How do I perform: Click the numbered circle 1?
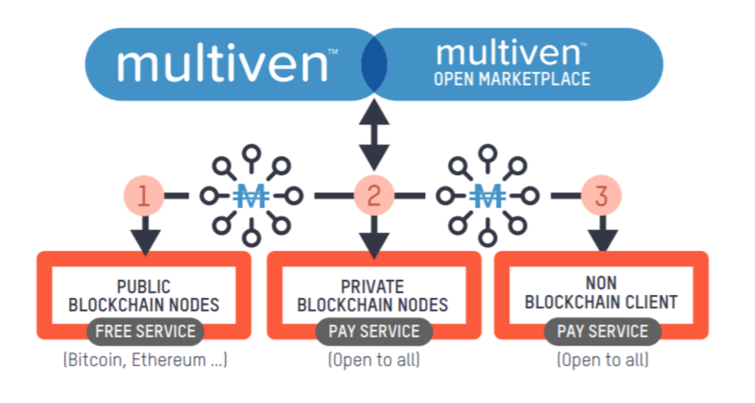coord(143,195)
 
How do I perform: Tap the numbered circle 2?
coord(374,195)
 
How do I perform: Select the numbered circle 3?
coord(601,195)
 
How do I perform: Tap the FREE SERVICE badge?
coord(145,331)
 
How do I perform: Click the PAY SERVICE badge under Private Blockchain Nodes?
coord(374,331)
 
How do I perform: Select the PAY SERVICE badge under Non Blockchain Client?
coord(602,331)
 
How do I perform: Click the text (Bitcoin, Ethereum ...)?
coord(145,360)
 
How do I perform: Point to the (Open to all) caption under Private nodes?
coord(374,360)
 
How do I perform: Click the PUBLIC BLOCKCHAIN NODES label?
coord(144,296)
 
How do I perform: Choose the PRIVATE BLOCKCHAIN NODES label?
coord(373,296)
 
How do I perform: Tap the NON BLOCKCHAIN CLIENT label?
coord(601,293)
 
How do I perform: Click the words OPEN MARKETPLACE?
coord(512,79)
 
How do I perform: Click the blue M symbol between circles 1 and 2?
coord(252,196)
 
